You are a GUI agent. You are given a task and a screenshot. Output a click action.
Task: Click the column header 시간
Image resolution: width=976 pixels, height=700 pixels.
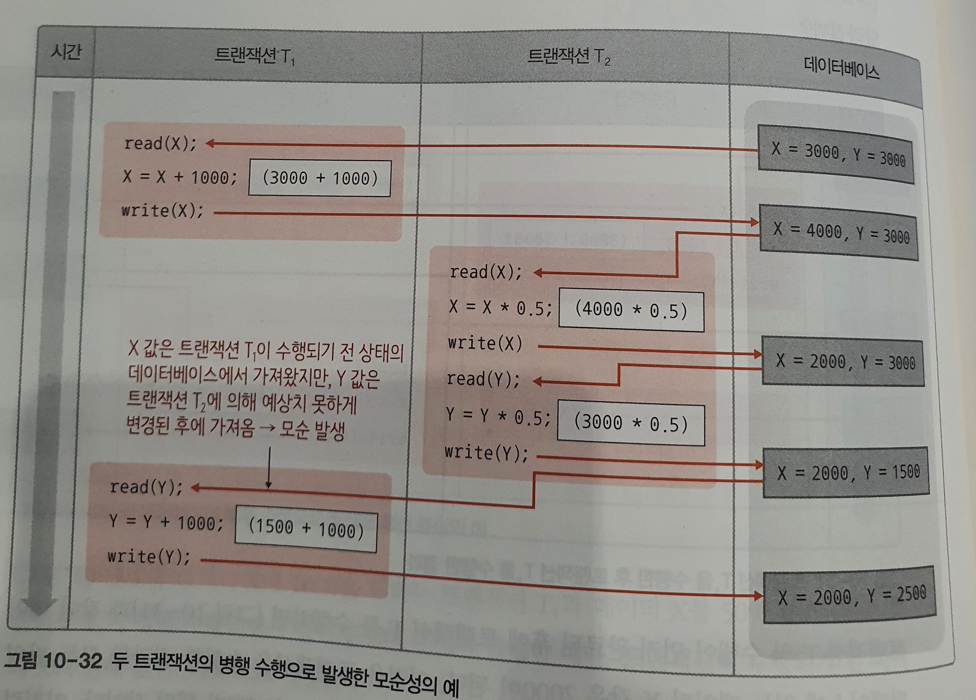pyautogui.click(x=66, y=53)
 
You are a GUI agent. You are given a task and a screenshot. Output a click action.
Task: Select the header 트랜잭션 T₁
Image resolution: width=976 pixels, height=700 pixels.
pyautogui.click(x=254, y=56)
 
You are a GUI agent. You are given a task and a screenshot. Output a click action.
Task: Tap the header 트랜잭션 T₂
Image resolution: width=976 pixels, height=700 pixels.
pyautogui.click(x=568, y=56)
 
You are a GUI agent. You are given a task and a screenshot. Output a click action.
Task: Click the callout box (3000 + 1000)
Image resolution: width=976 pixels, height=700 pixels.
pyautogui.click(x=320, y=178)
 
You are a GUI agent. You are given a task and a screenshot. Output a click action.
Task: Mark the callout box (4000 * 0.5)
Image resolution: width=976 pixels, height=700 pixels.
pyautogui.click(x=631, y=311)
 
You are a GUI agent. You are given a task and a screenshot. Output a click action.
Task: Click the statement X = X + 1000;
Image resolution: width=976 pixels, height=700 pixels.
pyautogui.click(x=180, y=177)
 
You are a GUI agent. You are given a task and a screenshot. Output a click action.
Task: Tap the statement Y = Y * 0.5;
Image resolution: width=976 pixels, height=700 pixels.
pyautogui.click(x=498, y=416)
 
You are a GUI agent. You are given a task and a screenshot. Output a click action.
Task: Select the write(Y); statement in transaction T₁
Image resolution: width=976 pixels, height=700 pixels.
pyautogui.click(x=149, y=557)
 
